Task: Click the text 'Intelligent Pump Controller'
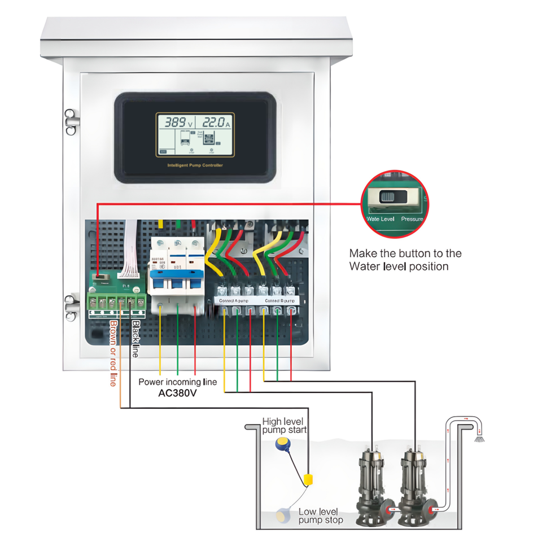tap(195, 165)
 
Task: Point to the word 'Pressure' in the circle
tap(412, 218)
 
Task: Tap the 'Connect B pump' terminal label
tap(277, 301)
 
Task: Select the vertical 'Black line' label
tap(135, 339)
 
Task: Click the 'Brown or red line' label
tap(113, 353)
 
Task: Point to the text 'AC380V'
tap(177, 394)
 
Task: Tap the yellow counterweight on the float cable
tap(308, 480)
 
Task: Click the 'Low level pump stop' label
tap(320, 515)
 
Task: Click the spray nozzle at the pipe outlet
tap(479, 438)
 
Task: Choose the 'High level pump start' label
tap(285, 426)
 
